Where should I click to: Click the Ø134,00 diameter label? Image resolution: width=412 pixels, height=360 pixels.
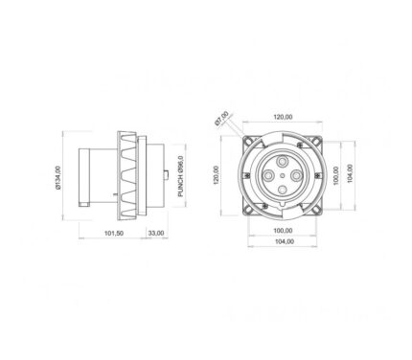pyautogui.click(x=57, y=178)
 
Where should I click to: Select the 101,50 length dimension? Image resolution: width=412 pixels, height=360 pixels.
pyautogui.click(x=114, y=234)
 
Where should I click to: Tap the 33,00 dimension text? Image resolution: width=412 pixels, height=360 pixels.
pyautogui.click(x=156, y=234)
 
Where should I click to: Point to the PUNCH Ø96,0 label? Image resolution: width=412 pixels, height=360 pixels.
pyautogui.click(x=181, y=176)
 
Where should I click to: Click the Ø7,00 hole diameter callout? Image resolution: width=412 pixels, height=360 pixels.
pyautogui.click(x=221, y=119)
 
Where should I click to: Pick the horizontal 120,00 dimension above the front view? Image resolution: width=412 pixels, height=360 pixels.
pyautogui.click(x=283, y=117)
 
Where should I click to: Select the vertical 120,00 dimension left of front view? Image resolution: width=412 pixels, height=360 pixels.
pyautogui.click(x=217, y=175)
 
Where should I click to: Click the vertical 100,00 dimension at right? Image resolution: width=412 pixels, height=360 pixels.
pyautogui.click(x=335, y=175)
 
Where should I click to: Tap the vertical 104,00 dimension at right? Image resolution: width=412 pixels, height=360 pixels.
pyautogui.click(x=350, y=173)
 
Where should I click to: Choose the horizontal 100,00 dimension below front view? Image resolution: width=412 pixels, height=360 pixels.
pyautogui.click(x=283, y=231)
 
